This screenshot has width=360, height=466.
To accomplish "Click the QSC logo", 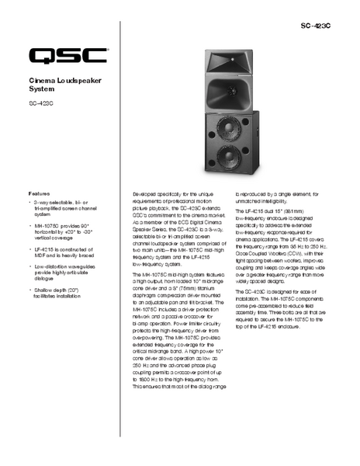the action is pyautogui.click(x=67, y=56).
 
